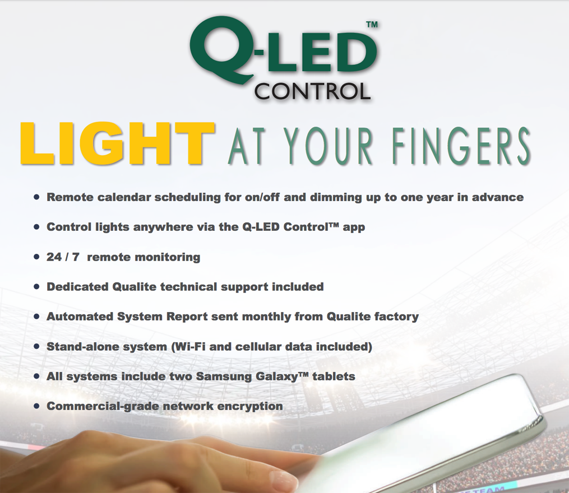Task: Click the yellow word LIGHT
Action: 117,143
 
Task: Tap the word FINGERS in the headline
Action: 461,146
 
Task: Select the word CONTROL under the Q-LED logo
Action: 312,91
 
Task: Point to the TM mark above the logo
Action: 372,25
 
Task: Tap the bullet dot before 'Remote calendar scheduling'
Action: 36,197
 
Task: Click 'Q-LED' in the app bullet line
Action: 261,227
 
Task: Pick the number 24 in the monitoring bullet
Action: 54,257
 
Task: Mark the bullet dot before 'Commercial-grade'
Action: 36,406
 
